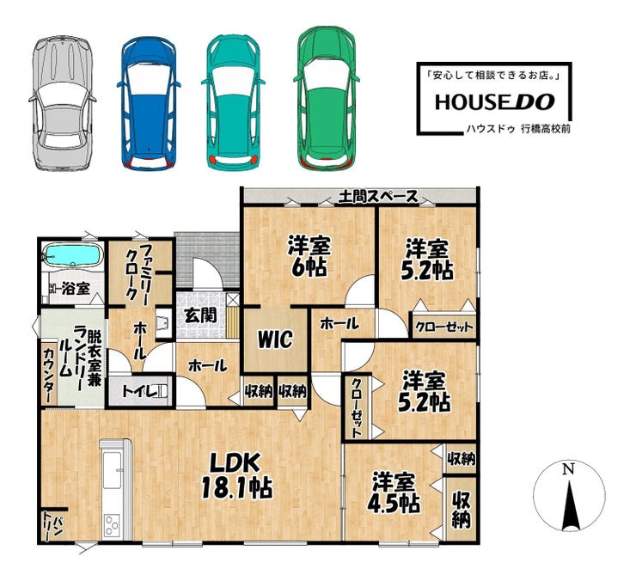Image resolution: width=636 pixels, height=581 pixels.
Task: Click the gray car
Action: [x=63, y=103]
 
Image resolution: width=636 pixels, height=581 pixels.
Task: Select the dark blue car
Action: [x=149, y=103]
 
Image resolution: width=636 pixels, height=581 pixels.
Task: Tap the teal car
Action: [x=233, y=102]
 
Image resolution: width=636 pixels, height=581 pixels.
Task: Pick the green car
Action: [x=327, y=99]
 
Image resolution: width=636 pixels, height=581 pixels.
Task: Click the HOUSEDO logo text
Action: [x=494, y=101]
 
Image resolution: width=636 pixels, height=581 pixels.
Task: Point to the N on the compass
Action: [x=568, y=469]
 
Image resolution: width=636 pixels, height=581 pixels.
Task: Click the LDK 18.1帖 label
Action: [x=236, y=475]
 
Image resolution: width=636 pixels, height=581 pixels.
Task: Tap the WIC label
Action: [x=275, y=339]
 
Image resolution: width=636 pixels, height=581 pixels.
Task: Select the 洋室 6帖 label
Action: [x=309, y=256]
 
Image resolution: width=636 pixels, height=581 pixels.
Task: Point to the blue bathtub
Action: [x=73, y=254]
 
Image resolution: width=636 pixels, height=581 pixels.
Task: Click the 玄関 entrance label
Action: [x=200, y=315]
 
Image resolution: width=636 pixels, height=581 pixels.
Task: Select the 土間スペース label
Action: [x=378, y=197]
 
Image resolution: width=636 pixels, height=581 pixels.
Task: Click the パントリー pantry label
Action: [x=52, y=526]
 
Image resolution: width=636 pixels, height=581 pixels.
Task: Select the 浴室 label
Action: [x=76, y=289]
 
